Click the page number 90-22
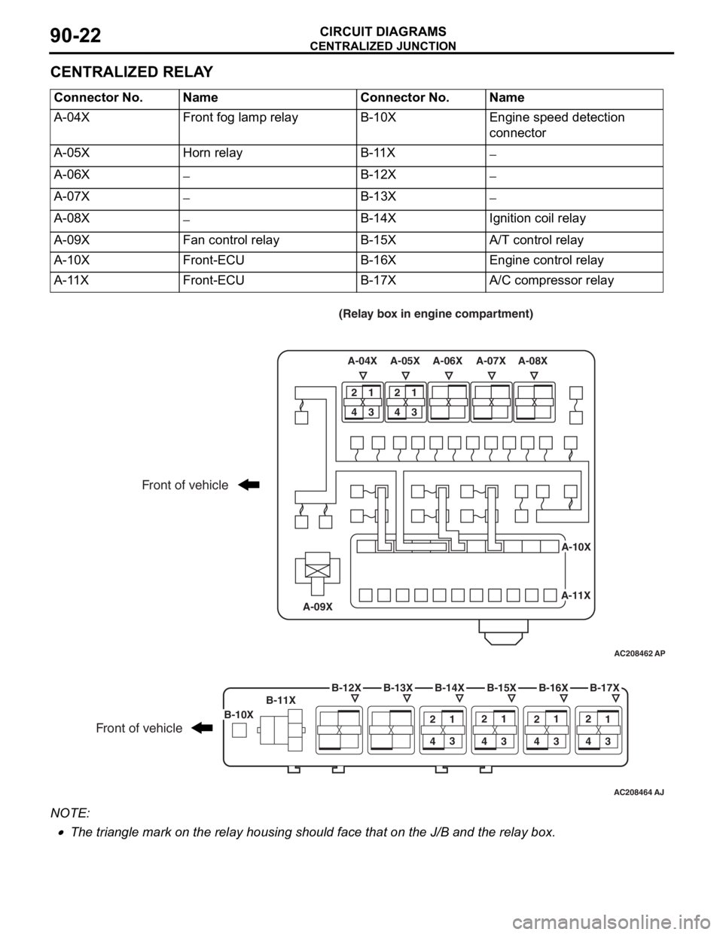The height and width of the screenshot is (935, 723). (x=76, y=35)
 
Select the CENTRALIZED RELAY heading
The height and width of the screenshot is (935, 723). (x=132, y=72)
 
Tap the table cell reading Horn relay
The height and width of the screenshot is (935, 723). (x=267, y=155)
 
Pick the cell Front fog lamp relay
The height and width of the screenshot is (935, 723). (x=267, y=127)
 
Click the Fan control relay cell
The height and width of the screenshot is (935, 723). (x=267, y=242)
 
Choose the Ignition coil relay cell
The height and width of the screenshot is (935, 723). (x=574, y=221)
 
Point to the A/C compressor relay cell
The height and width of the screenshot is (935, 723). (x=574, y=282)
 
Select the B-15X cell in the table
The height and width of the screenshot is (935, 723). (x=420, y=242)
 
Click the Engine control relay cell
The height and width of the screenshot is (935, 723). (x=574, y=262)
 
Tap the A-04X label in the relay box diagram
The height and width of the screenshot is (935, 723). (x=362, y=361)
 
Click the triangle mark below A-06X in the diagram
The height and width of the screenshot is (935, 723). (x=449, y=376)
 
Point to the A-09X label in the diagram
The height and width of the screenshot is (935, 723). (x=318, y=607)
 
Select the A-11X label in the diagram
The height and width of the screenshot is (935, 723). (x=576, y=595)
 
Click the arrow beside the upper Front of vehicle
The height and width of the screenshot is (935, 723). (x=249, y=485)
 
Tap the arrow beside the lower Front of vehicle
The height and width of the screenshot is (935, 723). (x=203, y=728)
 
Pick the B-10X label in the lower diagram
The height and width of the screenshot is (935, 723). (x=239, y=714)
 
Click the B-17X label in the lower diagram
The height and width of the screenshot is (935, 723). (x=605, y=687)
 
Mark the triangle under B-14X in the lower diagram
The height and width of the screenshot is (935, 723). (x=459, y=697)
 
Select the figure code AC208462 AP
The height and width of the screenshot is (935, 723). (x=639, y=653)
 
